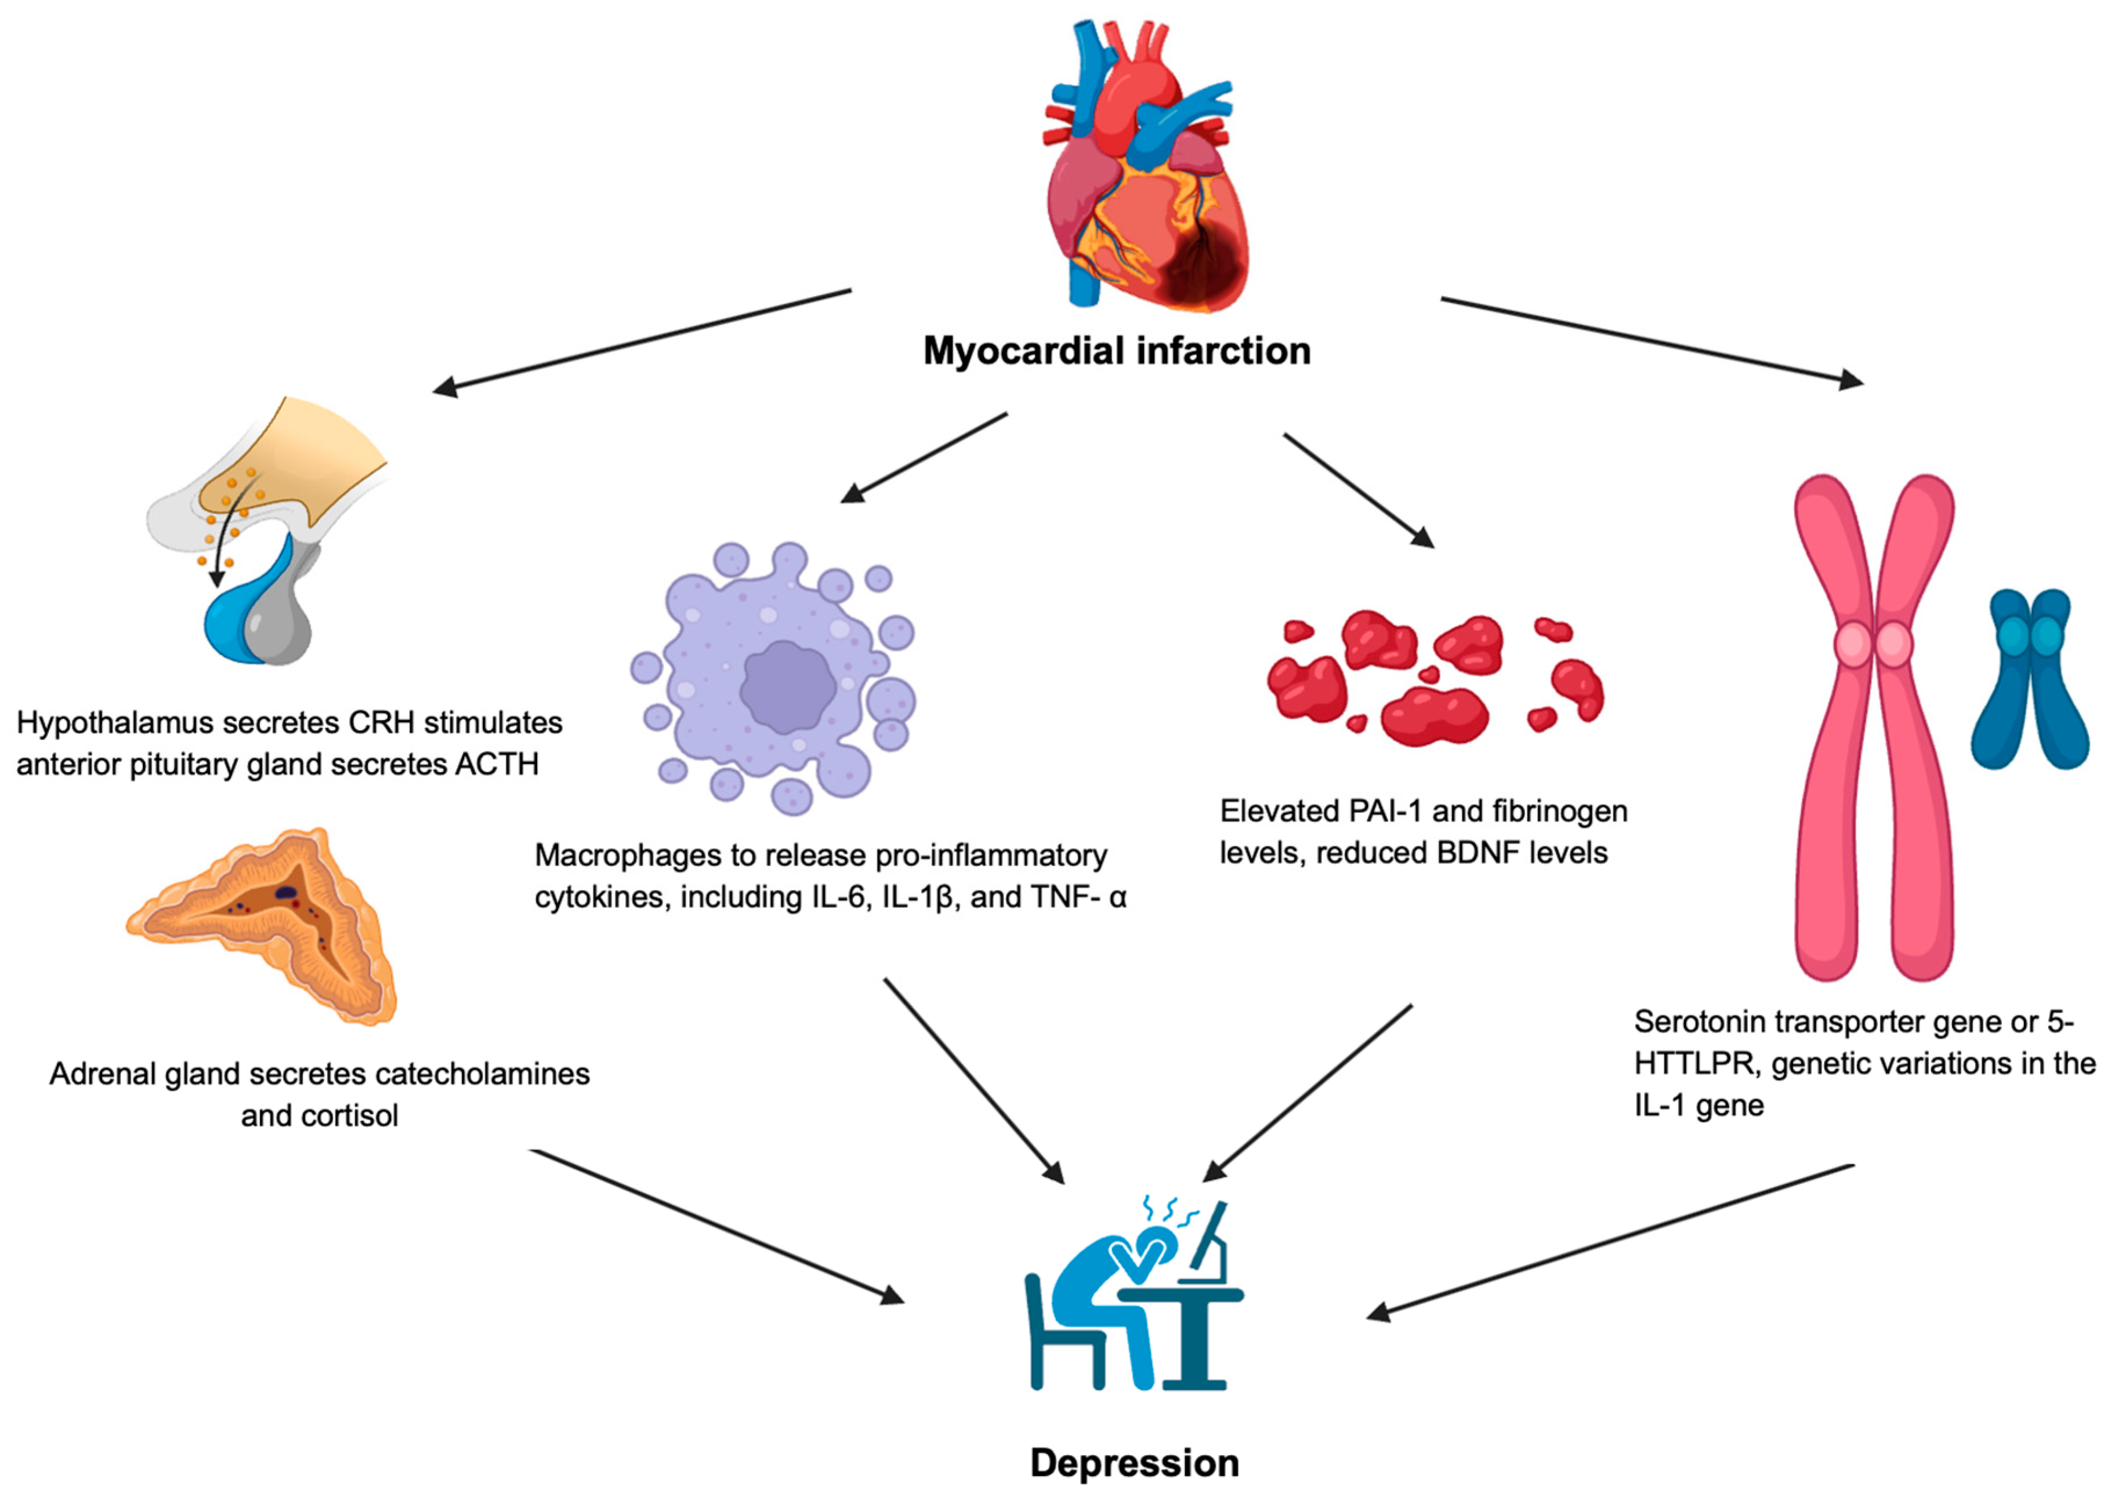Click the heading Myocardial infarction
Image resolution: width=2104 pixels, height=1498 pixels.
pyautogui.click(x=1117, y=351)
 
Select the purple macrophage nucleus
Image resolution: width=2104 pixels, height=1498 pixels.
pyautogui.click(x=786, y=687)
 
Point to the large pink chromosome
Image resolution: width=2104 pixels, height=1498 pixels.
pyautogui.click(x=1873, y=729)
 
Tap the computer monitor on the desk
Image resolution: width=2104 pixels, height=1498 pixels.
pyautogui.click(x=1209, y=1241)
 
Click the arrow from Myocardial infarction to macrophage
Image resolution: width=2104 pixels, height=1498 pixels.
pyautogui.click(x=923, y=457)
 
